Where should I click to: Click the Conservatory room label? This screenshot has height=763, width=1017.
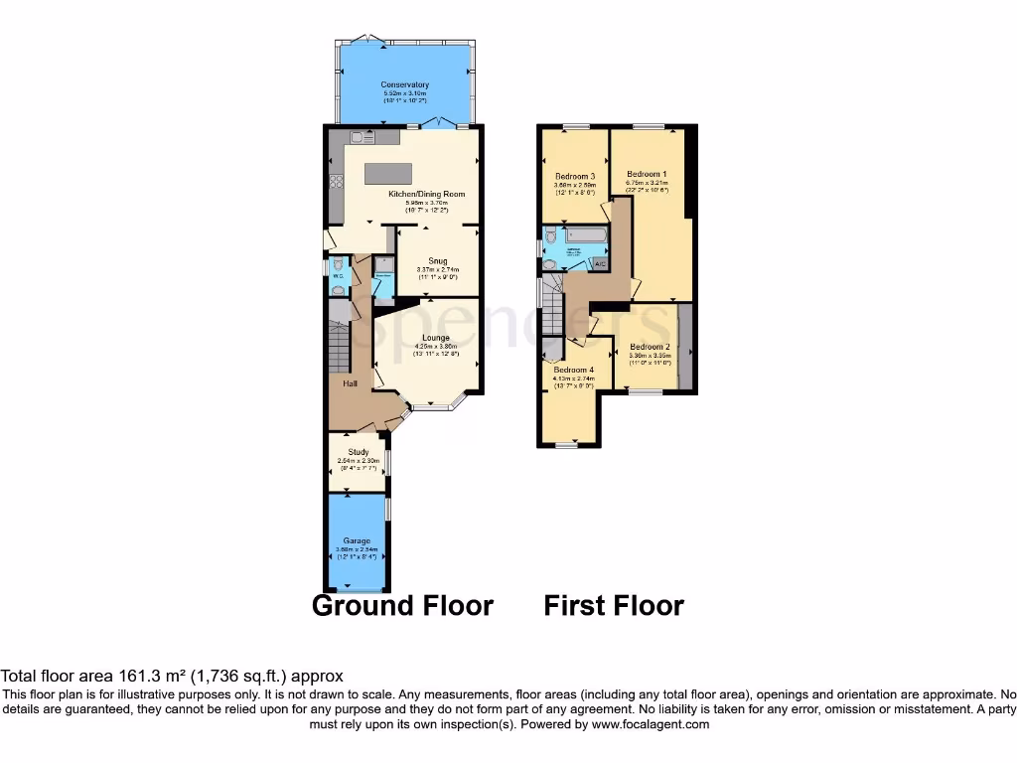(404, 84)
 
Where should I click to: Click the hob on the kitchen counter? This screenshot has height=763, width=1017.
(335, 182)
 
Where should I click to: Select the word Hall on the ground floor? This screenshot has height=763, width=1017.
(350, 384)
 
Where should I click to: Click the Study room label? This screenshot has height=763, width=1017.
(358, 452)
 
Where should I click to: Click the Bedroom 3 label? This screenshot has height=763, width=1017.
(574, 176)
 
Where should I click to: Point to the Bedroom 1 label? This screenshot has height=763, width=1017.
(647, 173)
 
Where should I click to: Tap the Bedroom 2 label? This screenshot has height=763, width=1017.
(650, 347)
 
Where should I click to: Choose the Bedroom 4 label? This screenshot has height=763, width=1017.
(573, 370)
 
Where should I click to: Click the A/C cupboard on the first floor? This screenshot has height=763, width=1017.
(599, 263)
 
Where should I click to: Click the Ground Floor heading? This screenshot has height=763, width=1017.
(402, 605)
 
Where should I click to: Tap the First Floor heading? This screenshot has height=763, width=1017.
(614, 605)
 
